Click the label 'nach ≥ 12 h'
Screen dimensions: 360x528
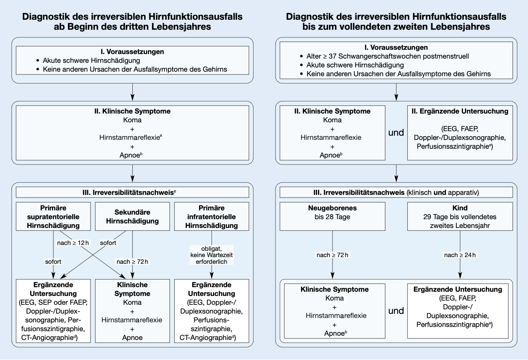coord(73,243)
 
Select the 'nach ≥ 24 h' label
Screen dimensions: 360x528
coord(460,255)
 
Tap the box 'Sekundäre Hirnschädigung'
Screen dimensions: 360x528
coord(132,216)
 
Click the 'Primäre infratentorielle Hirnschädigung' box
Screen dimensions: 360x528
coord(212,216)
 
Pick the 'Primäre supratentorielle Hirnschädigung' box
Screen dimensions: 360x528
coord(53,216)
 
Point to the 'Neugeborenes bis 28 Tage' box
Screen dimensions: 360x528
coord(332,216)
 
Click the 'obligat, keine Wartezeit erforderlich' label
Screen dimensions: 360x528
coord(212,255)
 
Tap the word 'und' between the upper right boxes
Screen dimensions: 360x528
coord(396,133)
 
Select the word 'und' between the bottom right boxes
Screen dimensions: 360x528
coord(396,311)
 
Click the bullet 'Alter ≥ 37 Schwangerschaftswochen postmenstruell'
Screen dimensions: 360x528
coord(388,56)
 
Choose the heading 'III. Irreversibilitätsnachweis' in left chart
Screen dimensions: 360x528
coord(132,192)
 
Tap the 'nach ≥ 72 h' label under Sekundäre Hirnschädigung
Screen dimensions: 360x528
coord(132,262)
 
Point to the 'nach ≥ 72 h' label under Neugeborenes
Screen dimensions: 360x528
coord(332,255)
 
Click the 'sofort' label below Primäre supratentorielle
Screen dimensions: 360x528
coord(53,262)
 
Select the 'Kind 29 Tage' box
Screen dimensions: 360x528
coord(460,216)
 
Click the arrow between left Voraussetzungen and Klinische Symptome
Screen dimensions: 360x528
coord(132,92)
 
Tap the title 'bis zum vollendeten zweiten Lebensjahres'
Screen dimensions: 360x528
coord(396,27)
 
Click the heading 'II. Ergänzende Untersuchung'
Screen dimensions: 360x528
coord(460,111)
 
